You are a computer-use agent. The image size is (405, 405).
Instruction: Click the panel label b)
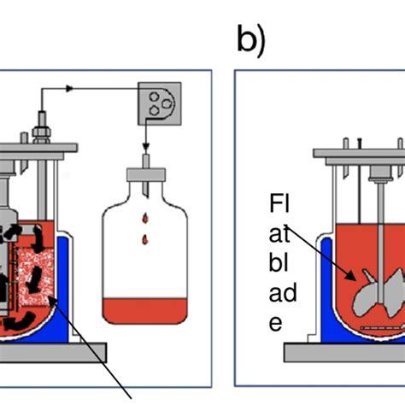pos(251,40)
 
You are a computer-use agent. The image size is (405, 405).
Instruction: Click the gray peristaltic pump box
pos(160,103)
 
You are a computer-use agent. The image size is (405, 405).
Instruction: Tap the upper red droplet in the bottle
pos(145,218)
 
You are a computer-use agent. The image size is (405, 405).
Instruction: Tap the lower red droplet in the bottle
pos(145,240)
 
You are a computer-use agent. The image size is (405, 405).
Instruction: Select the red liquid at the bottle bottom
pos(144,311)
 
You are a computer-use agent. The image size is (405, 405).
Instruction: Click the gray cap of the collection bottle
pos(146,174)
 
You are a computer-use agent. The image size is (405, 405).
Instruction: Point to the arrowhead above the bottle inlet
pos(146,147)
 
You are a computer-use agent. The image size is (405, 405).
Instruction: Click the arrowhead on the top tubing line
pos(69,89)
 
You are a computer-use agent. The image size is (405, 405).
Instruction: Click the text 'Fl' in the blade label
pos(279,203)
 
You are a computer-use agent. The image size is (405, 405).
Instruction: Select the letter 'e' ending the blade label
pos(276,323)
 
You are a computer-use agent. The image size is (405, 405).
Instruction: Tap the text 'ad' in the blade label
pos(283,292)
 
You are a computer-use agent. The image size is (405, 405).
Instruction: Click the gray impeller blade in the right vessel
pos(379,293)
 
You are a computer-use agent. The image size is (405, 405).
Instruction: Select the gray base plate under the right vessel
pos(344,353)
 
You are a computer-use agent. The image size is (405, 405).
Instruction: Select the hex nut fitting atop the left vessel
pos(42,133)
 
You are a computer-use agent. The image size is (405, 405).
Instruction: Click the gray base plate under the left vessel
pos(53,353)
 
